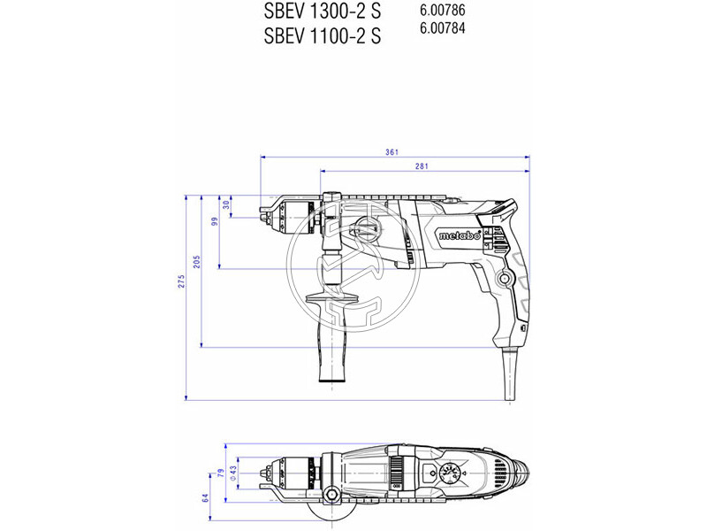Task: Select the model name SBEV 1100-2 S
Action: [x=323, y=36]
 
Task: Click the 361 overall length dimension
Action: [x=392, y=152]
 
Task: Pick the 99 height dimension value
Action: [x=213, y=221]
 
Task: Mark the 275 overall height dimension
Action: [x=180, y=282]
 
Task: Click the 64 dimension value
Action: [x=204, y=497]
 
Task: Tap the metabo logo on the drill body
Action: [x=460, y=236]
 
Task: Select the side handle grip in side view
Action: [x=332, y=341]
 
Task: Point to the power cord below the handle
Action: [x=510, y=376]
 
